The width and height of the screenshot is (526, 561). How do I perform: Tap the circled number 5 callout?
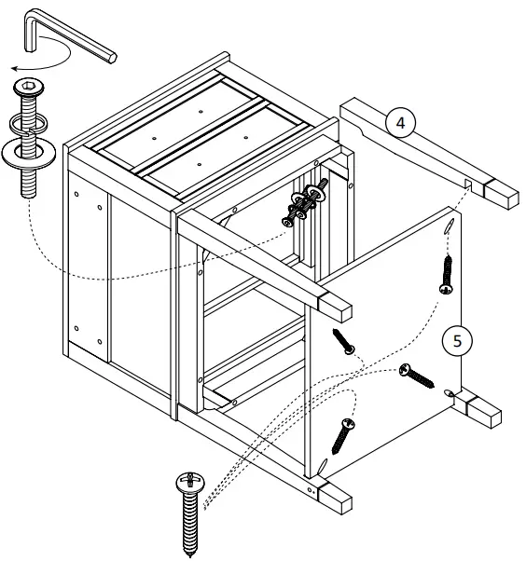456,341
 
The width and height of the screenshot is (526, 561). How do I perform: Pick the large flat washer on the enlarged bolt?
32,150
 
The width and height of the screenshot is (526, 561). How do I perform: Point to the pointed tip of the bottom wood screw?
190,552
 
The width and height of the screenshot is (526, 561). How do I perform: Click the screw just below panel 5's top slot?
446,275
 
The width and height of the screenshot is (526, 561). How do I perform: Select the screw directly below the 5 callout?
417,375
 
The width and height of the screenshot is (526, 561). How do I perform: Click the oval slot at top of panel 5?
449,227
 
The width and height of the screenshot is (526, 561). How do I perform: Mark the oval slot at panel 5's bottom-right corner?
451,392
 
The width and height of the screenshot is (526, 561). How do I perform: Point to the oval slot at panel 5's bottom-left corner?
324,463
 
